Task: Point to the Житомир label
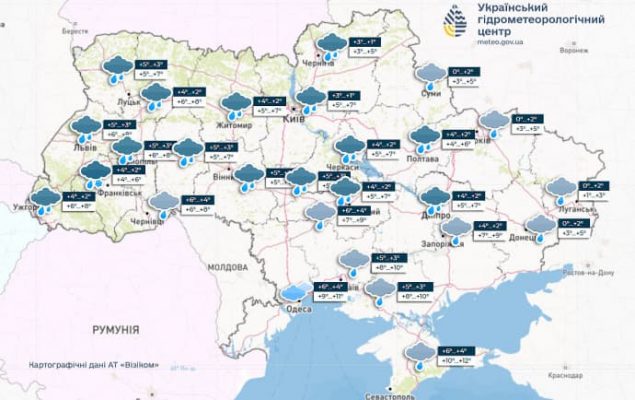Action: pyautogui.click(x=236, y=125)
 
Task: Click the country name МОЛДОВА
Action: pyautogui.click(x=226, y=268)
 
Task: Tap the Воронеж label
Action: pyautogui.click(x=572, y=50)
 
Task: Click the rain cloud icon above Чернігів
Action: pyautogui.click(x=329, y=43)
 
